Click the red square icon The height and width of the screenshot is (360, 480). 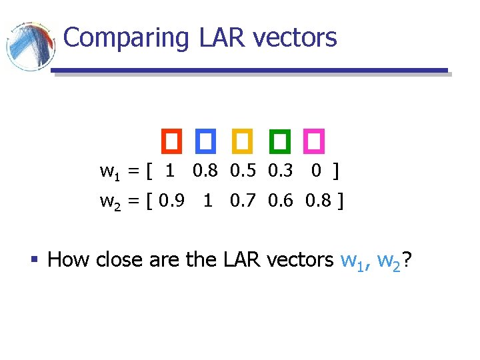[171, 140]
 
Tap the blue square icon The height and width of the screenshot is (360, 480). [206, 140]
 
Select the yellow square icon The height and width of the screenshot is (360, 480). [241, 140]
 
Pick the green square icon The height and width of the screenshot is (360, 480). [278, 140]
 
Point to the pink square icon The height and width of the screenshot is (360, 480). [313, 140]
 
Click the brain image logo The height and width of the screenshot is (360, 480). [30, 45]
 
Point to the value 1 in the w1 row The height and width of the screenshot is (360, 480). [170, 171]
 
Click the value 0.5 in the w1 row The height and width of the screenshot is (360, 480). [243, 171]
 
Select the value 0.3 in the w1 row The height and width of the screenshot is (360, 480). [281, 171]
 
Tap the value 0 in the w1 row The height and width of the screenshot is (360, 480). [316, 171]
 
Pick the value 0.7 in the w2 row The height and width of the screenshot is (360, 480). [243, 200]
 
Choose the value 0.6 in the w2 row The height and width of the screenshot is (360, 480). [281, 200]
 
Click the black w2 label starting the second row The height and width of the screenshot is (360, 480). [111, 201]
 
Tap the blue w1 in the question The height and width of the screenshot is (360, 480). [355, 260]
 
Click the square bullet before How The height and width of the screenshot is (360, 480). [37, 259]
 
